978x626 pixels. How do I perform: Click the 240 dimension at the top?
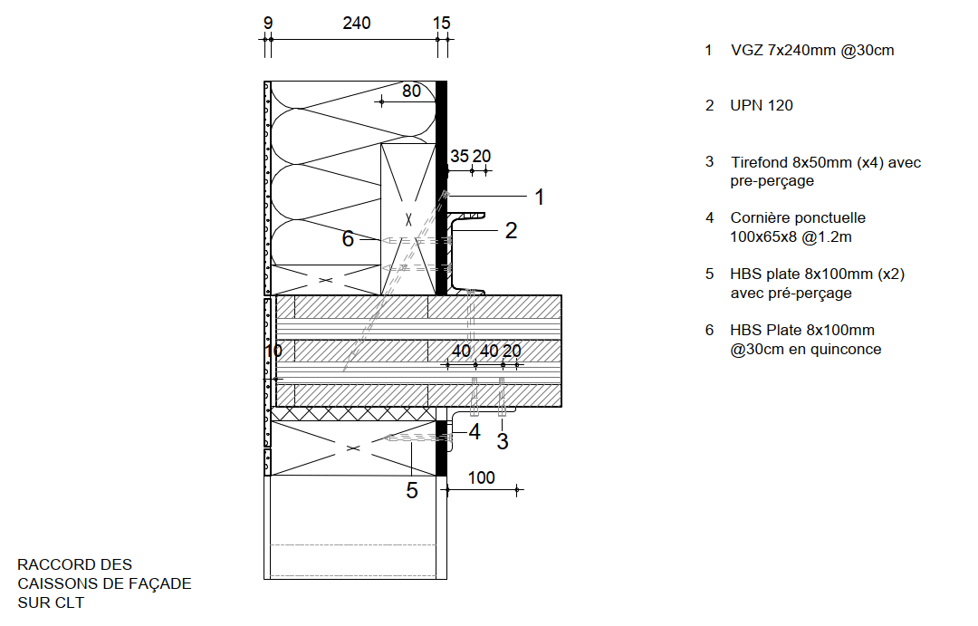click(x=357, y=24)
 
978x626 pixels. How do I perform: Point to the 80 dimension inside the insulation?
click(x=411, y=91)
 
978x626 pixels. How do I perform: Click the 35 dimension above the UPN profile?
click(x=460, y=156)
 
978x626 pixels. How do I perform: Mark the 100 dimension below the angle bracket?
click(x=482, y=477)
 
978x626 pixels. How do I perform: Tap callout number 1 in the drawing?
click(x=539, y=197)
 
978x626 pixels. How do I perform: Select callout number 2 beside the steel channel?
click(x=511, y=231)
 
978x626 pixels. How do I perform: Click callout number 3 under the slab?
click(x=503, y=442)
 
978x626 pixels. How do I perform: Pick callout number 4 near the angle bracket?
click(x=474, y=432)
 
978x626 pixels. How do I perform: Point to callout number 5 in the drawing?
click(x=411, y=490)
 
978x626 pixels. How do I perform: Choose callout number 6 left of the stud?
click(x=348, y=240)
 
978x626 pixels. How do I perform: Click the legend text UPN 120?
click(x=762, y=106)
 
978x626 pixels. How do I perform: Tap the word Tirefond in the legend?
click(x=759, y=163)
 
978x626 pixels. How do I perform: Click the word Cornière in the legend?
click(x=760, y=218)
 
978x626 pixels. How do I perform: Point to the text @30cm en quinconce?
click(x=806, y=350)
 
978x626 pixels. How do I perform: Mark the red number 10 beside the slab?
click(x=273, y=351)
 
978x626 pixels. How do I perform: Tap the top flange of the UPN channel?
click(x=466, y=216)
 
